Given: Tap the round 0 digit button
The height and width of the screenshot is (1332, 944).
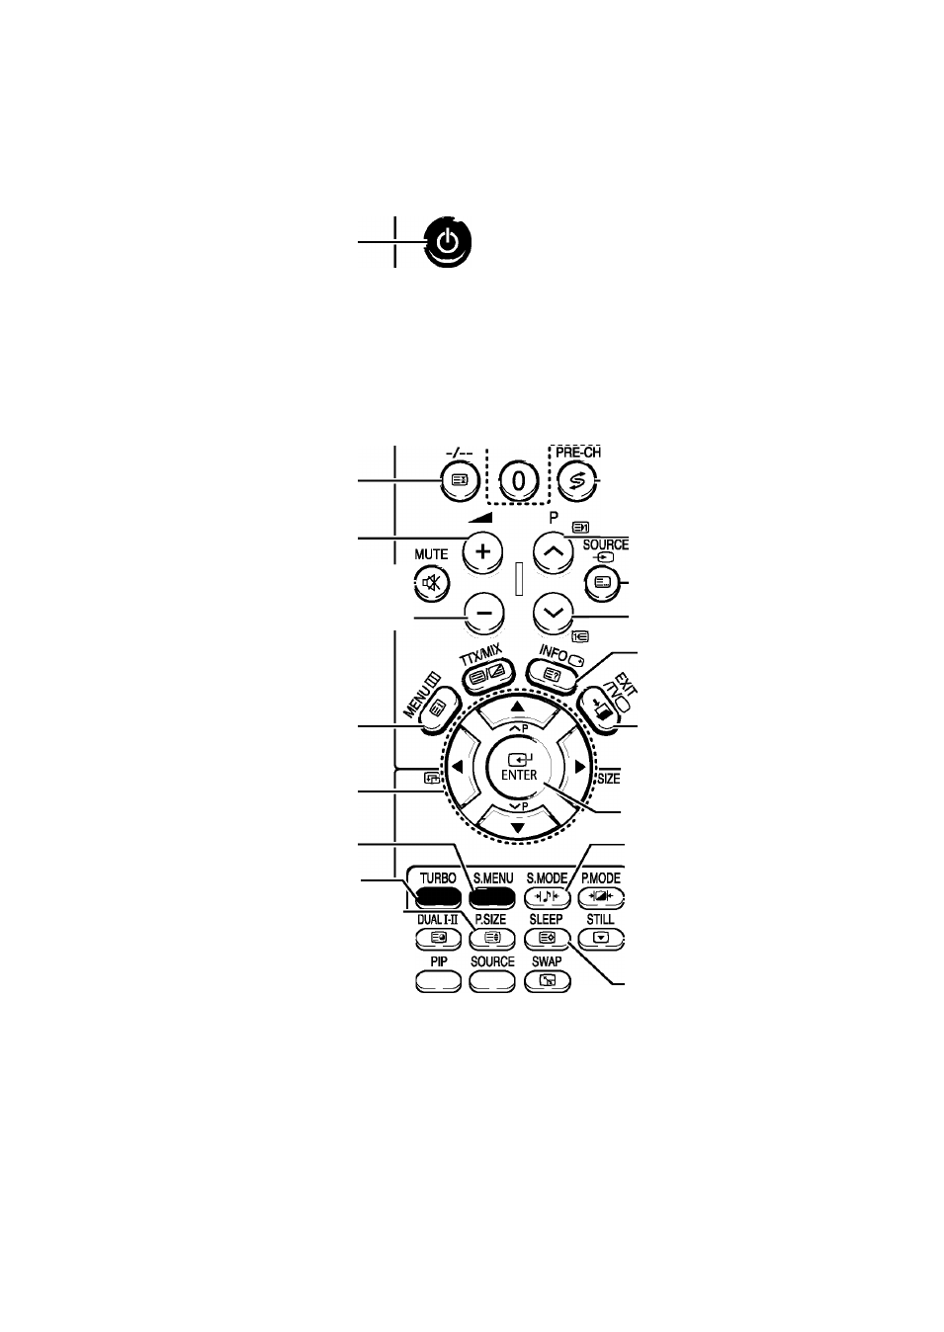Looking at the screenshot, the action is coord(519,480).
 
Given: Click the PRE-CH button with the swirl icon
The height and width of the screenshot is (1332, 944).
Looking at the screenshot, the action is coord(577,480).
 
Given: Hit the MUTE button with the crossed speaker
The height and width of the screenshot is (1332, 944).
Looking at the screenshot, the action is coord(431,582).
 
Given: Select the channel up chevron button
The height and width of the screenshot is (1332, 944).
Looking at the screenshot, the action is coord(554,551).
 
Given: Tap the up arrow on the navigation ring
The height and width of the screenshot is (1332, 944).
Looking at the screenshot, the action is coord(518,708).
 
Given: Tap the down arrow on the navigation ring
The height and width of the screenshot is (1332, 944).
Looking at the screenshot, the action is coord(518,828).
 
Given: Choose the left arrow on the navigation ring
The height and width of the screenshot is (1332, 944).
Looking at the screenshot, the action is coord(458,768).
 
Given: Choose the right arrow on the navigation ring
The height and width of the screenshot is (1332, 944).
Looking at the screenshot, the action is coord(579,768).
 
